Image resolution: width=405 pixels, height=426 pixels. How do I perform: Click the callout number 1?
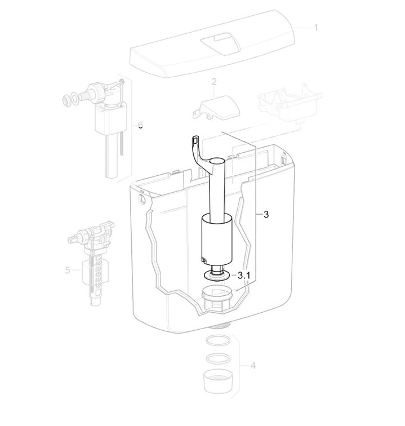[x=315, y=28]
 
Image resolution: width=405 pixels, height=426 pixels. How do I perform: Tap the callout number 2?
[x=214, y=82]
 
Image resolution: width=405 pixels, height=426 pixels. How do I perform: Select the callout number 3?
[x=266, y=214]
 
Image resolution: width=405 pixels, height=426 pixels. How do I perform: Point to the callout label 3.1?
[x=243, y=275]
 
